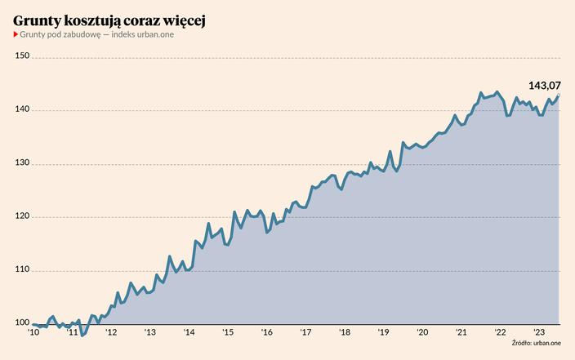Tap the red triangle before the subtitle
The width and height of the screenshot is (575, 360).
point(16,34)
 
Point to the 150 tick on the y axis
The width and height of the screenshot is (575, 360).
point(23,56)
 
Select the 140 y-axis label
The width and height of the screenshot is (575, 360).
point(23,110)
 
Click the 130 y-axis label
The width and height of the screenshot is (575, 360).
point(23,163)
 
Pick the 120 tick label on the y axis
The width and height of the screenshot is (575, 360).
point(23,217)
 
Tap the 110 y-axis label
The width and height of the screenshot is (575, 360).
point(23,270)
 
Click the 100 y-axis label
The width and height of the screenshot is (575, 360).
point(23,324)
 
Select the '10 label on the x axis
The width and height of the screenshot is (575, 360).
point(33,333)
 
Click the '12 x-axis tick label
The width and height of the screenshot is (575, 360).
point(111,333)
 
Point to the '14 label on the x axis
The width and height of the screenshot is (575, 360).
point(189,333)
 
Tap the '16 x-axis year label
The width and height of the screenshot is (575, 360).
point(266,333)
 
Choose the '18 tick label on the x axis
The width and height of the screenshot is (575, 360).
point(344,333)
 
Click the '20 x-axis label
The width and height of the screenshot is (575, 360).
point(422,333)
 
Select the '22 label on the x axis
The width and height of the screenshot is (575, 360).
point(500,333)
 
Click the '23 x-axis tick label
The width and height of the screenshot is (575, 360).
point(538,333)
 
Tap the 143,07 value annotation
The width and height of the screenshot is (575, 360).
point(544,86)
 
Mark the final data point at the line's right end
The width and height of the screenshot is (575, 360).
point(559,96)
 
